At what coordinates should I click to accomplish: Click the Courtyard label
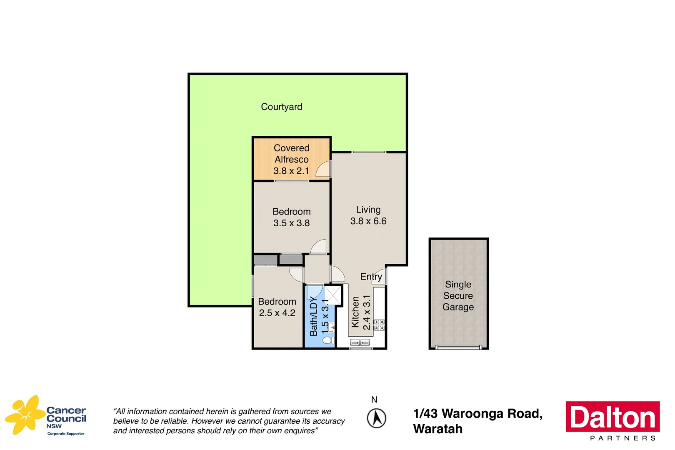pyautogui.click(x=281, y=107)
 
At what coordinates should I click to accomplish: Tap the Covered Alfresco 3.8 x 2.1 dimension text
pyautogui.click(x=291, y=171)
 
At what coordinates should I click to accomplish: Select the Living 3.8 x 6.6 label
pyautogui.click(x=368, y=215)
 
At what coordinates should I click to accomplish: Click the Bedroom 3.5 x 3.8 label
pyautogui.click(x=291, y=217)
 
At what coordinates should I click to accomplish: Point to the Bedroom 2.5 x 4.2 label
pyautogui.click(x=277, y=307)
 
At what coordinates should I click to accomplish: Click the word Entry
pyautogui.click(x=371, y=277)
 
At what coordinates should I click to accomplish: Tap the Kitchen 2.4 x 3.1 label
pyautogui.click(x=361, y=312)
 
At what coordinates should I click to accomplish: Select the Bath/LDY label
pyautogui.click(x=314, y=316)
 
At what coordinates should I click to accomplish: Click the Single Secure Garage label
pyautogui.click(x=458, y=296)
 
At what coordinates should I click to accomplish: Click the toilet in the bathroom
pyautogui.click(x=328, y=340)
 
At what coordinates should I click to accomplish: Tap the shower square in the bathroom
pyautogui.click(x=333, y=295)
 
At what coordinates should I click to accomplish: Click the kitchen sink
pyautogui.click(x=360, y=342)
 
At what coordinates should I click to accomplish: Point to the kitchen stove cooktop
pyautogui.click(x=379, y=325)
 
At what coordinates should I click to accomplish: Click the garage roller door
pyautogui.click(x=458, y=347)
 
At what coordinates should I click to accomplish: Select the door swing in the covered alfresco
pyautogui.click(x=323, y=170)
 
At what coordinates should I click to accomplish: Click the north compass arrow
pyautogui.click(x=376, y=418)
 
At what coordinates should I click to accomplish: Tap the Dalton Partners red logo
pyautogui.click(x=612, y=417)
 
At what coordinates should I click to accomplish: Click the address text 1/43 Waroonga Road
pyautogui.click(x=477, y=414)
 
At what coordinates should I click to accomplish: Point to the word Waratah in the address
pyautogui.click(x=437, y=429)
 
